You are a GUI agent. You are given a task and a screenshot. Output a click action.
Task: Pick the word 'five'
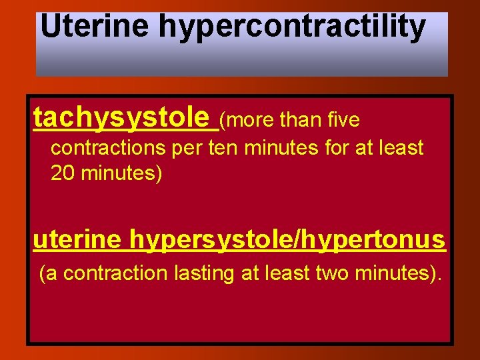pyautogui.click(x=343, y=121)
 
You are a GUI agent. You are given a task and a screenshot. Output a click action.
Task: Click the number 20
pyautogui.click(x=63, y=174)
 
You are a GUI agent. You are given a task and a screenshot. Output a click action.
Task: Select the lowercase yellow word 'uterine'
pyautogui.click(x=77, y=239)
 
